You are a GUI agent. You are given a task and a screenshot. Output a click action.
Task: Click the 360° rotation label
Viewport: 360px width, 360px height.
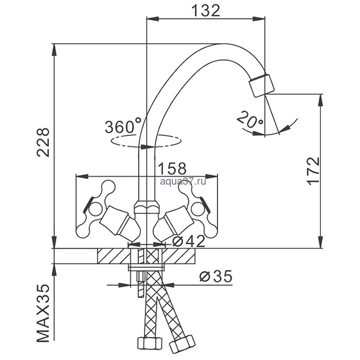pos(123,126)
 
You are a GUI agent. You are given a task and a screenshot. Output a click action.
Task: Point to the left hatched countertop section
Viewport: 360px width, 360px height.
pos(113,256)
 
